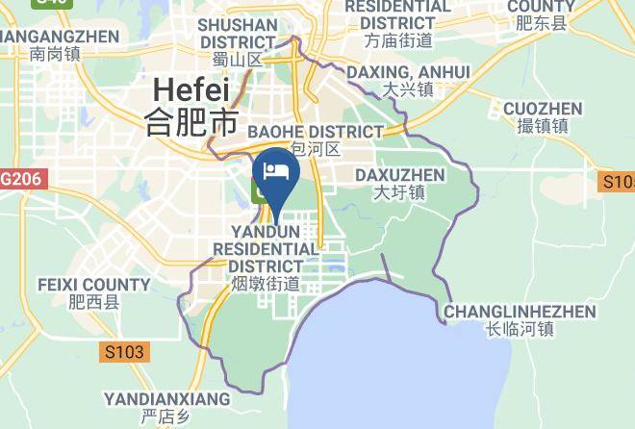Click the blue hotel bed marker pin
276,174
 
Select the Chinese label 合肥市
190,122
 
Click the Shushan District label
237,33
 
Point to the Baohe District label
316,131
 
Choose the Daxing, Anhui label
408,72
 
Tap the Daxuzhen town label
399,175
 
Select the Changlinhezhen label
520,312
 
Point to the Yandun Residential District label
266,248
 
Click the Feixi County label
93,285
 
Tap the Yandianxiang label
166,398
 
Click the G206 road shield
20,180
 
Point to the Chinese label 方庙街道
398,40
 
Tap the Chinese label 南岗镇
54,54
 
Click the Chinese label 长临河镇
520,330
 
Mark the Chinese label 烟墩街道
266,284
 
